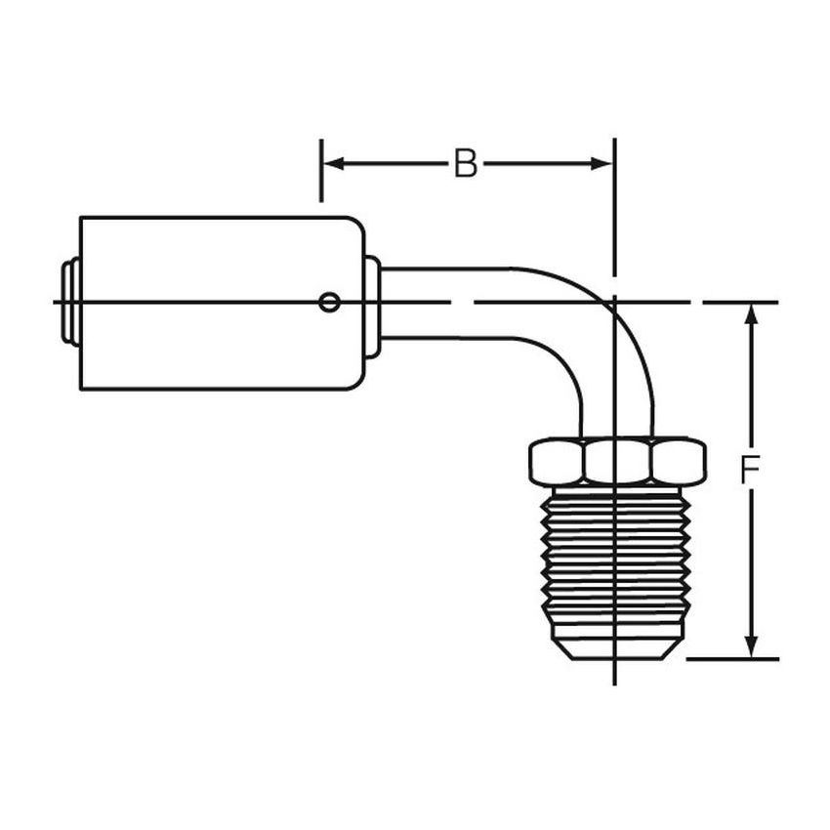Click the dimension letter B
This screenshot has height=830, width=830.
click(466, 164)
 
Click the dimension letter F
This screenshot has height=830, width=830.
click(749, 473)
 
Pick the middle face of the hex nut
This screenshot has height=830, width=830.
click(616, 460)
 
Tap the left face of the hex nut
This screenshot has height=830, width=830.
click(557, 460)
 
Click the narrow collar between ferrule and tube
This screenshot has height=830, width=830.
click(372, 304)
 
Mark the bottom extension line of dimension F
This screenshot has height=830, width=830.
click(732, 658)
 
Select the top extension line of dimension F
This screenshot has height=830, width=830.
click(742, 303)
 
